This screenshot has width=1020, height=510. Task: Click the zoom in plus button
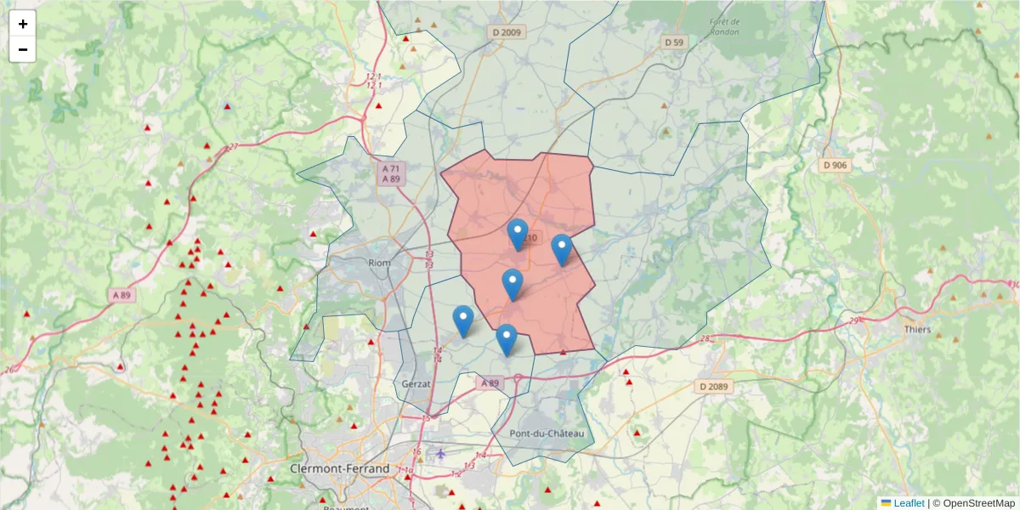pos(23,24)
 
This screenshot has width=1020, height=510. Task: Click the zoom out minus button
pos(23,49)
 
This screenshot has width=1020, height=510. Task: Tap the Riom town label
pos(379,263)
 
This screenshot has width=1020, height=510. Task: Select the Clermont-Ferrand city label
pos(340,468)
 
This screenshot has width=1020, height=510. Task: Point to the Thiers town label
pos(917,330)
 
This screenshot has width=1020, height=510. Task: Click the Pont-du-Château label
pos(547,433)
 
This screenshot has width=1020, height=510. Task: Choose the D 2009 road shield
pos(507,32)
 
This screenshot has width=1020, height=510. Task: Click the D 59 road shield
pos(674,42)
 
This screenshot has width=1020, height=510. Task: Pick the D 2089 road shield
pos(713,387)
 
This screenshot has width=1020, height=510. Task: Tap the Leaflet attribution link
pos(909,503)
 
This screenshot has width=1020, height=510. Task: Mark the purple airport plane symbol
pos(441,453)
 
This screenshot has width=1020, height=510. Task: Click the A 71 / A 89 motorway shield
pos(391,173)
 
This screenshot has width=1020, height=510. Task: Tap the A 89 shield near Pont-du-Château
pos(490,383)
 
